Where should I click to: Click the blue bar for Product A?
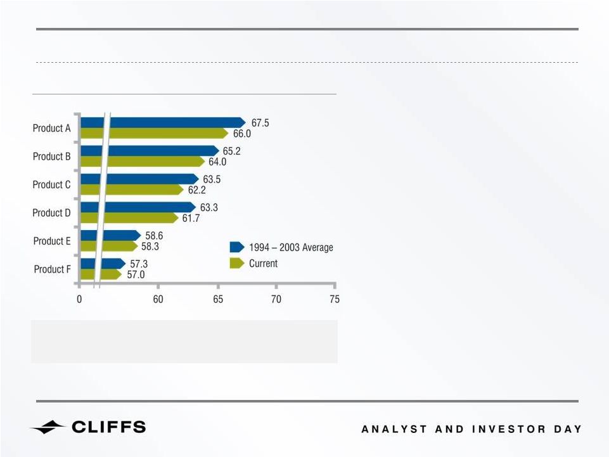[163, 123]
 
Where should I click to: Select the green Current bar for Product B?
[143, 161]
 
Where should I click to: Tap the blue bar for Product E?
[111, 236]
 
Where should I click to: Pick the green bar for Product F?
[101, 274]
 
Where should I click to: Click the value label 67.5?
[260, 123]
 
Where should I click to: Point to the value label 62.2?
[197, 190]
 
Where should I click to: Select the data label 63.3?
[209, 207]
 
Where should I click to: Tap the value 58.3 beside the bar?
[150, 247]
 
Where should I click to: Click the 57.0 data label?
[136, 274]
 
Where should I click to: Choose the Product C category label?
[52, 184]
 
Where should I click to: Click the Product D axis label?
[52, 213]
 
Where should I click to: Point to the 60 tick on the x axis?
[158, 299]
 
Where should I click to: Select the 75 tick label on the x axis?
[335, 299]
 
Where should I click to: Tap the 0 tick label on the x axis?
[79, 299]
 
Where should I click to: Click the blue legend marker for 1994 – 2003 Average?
[237, 247]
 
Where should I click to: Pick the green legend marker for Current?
[237, 263]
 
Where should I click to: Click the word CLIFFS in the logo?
[109, 427]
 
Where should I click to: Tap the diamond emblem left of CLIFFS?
[48, 427]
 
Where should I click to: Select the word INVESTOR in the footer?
[508, 429]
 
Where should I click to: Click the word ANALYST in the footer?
[394, 429]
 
